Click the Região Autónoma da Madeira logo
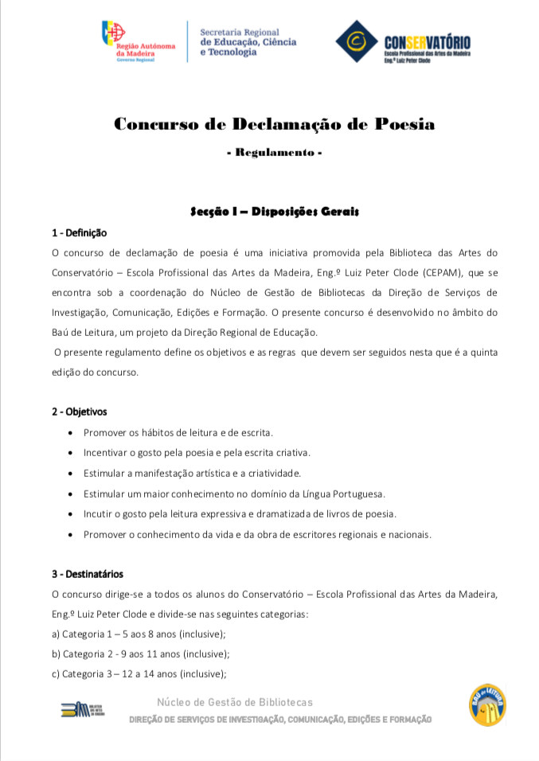(137, 41)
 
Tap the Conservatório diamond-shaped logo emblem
(356, 41)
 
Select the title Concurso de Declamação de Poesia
(275, 124)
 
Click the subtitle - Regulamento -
(274, 151)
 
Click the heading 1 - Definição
(79, 233)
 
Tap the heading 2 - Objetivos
(79, 412)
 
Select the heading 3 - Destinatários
(88, 574)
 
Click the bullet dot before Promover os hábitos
(72, 433)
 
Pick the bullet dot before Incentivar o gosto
(72, 453)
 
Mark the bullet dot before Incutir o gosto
(72, 514)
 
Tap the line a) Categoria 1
(139, 634)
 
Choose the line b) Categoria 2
(140, 654)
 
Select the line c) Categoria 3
(139, 674)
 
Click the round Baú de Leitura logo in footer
(487, 704)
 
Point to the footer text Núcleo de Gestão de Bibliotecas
(235, 702)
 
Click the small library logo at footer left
(82, 709)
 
